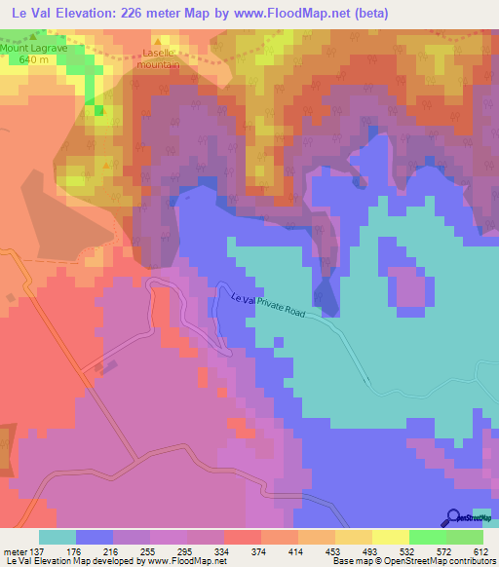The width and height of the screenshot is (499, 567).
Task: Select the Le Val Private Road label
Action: (x=276, y=311)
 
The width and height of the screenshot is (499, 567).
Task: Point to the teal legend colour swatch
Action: (x=58, y=537)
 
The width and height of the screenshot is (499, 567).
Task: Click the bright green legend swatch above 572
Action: (x=427, y=537)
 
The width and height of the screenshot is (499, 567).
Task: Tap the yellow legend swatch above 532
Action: (x=390, y=537)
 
